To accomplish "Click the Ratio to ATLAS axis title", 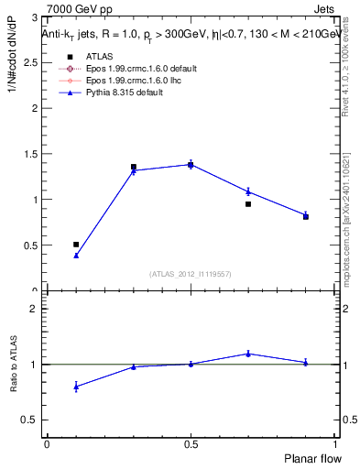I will pos(15,364).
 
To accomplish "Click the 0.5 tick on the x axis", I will pos(191,443).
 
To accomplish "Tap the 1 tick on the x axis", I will pos(334,443).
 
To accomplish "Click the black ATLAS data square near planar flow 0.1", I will pos(76,245).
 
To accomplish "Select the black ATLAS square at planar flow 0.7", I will pos(248,204).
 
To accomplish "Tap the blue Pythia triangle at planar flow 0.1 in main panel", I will pos(76,256).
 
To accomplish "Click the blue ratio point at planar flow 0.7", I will pos(248,354).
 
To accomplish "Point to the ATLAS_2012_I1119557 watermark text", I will pos(191,274).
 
